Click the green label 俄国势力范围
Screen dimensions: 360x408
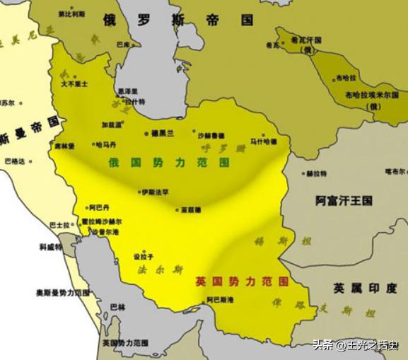click(169, 162)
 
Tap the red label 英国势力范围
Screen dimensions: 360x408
click(242, 281)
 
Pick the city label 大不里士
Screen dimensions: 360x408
click(74, 83)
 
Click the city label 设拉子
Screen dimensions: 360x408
click(144, 257)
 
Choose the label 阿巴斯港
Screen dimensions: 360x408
click(221, 300)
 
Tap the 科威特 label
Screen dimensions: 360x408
click(50, 248)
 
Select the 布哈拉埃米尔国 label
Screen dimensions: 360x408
click(372, 95)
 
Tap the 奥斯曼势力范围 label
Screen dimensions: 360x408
click(64, 292)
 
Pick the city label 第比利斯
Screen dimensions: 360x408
click(70, 13)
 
